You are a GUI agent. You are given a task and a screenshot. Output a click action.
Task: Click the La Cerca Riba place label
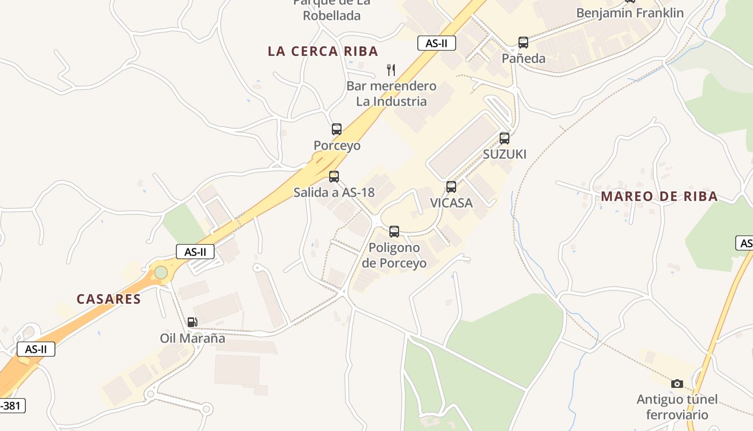coord(323,51)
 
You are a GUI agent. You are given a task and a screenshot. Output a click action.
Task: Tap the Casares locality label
coord(109,299)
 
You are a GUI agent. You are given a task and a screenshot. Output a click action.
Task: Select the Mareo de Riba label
coord(659,196)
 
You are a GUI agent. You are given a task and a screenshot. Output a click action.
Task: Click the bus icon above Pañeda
coord(523,43)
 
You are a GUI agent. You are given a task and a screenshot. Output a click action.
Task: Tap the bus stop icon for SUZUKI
coord(504,138)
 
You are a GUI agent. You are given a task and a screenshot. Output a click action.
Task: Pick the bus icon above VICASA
coord(451,187)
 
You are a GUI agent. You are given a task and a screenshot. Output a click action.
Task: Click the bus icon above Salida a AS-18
coord(333,176)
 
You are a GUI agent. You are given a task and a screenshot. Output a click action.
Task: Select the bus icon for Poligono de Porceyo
coord(394,232)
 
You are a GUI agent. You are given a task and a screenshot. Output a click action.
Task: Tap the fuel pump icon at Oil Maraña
coord(192,322)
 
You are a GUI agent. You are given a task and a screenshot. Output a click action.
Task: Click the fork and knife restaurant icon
coord(391,69)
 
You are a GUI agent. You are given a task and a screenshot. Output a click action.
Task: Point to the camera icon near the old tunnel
coord(677,384)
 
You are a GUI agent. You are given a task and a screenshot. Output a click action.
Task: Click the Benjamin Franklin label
coord(630,13)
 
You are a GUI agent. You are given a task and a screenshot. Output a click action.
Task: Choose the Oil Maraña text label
coord(193,338)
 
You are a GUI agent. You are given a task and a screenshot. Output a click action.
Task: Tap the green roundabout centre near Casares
coord(161,273)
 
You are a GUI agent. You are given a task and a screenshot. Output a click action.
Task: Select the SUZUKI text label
coord(505,154)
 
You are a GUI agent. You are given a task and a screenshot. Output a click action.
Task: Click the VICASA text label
coord(451,203)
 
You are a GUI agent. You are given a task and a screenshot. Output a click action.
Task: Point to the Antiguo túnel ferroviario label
coord(677,407)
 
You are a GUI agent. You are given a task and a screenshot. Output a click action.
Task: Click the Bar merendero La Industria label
coord(391,93)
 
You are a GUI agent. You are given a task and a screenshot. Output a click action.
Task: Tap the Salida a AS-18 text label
coord(333,192)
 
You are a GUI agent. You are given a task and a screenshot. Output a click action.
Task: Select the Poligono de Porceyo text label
coord(394,255)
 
